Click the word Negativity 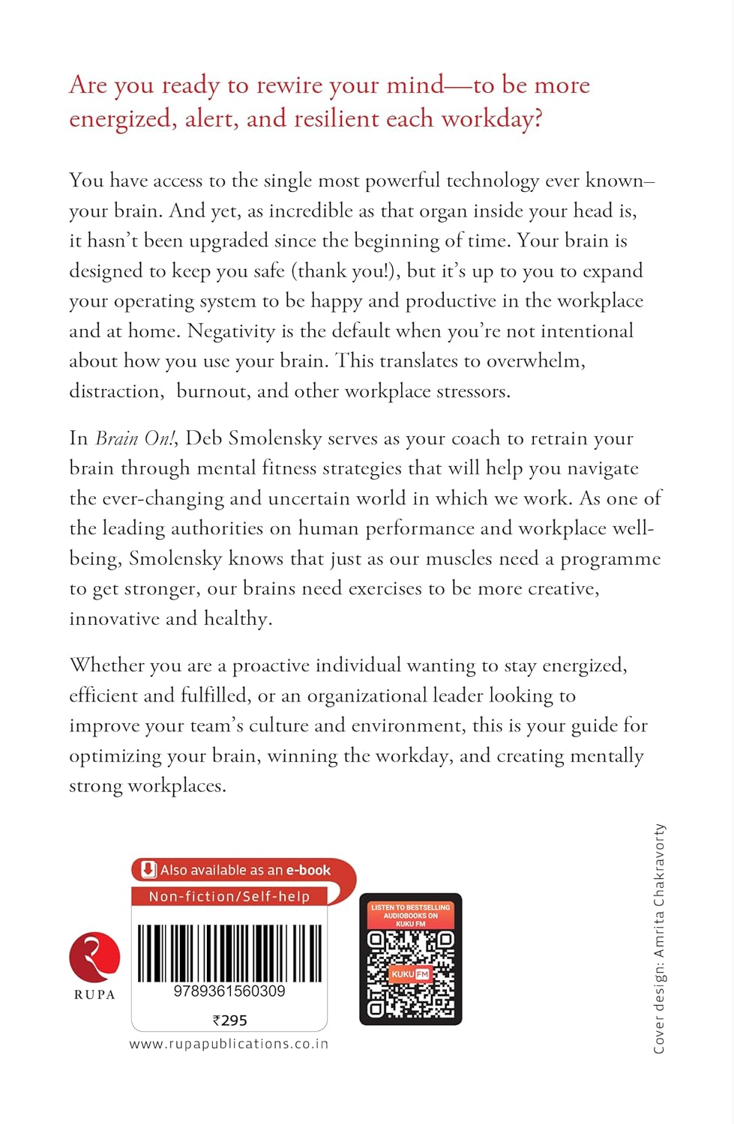pyautogui.click(x=231, y=331)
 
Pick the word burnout pyautogui.click(x=211, y=391)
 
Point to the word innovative pyautogui.click(x=114, y=619)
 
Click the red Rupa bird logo pyautogui.click(x=94, y=957)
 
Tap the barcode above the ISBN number pyautogui.click(x=229, y=952)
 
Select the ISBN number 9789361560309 pyautogui.click(x=229, y=991)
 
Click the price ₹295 pyautogui.click(x=229, y=1021)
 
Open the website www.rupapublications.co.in pyautogui.click(x=229, y=1044)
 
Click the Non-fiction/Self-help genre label pyautogui.click(x=229, y=896)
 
